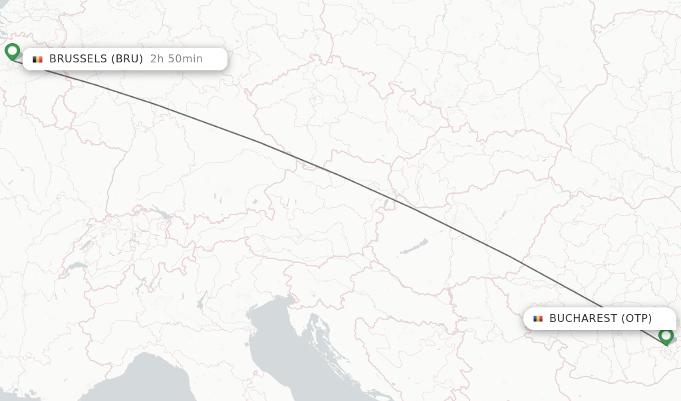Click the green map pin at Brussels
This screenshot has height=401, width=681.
coord(12,51)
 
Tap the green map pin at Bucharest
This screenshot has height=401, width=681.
coord(666,336)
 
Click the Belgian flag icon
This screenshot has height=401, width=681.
coord(38,59)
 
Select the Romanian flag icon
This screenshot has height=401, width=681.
coord(538,319)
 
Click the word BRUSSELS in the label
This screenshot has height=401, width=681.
coord(77,59)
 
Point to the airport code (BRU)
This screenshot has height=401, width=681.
coord(126,59)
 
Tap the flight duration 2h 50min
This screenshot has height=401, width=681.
coord(176,59)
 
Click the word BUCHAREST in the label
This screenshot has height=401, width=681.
coord(583,319)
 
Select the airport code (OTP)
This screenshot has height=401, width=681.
coord(636,319)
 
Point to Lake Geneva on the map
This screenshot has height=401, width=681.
coord(75,267)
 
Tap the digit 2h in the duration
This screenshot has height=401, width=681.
coord(156,59)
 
